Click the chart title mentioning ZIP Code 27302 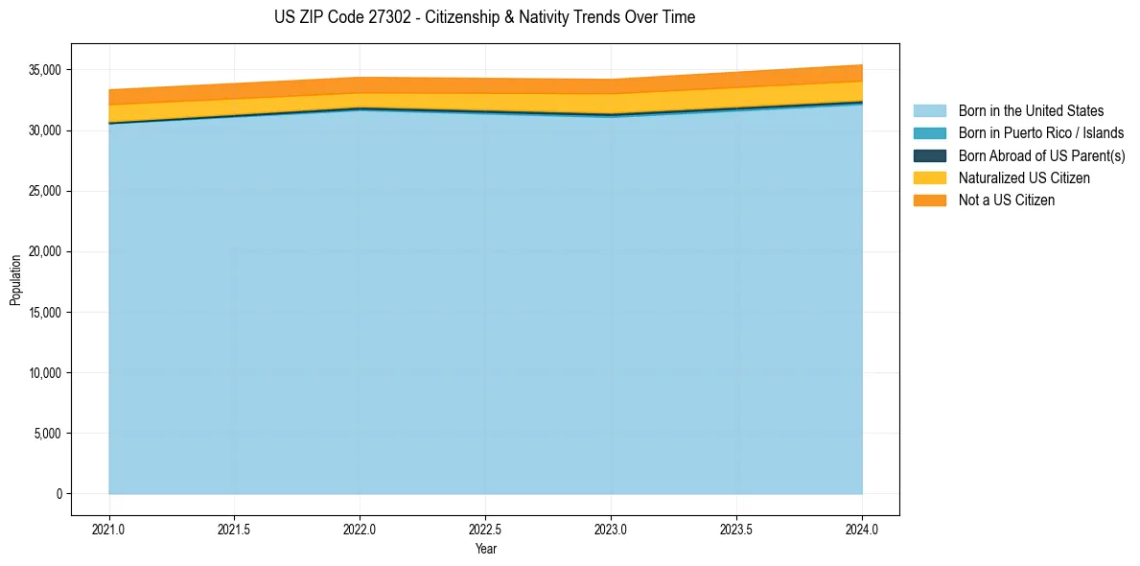click(x=484, y=17)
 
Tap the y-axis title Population click(x=15, y=280)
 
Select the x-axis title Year click(x=485, y=549)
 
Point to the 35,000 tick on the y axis click(x=45, y=70)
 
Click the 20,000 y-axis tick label click(x=45, y=251)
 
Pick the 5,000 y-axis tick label click(x=48, y=434)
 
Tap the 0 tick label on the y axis click(x=58, y=494)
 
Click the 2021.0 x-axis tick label click(x=109, y=529)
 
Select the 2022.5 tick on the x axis click(x=485, y=529)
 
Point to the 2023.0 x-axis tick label click(x=611, y=529)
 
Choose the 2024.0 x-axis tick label click(x=862, y=529)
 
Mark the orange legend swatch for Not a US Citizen click(x=929, y=200)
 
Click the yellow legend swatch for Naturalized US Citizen click(x=929, y=178)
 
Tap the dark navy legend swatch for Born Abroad click(x=929, y=155)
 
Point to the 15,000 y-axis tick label click(x=45, y=313)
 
